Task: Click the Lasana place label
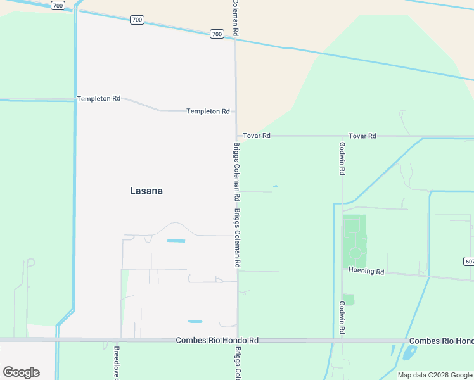point(146,190)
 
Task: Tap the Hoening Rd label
point(366,271)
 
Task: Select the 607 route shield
point(469,261)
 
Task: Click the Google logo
point(21,372)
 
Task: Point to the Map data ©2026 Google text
point(435,375)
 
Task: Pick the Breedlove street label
point(117,363)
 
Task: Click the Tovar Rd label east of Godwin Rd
point(362,136)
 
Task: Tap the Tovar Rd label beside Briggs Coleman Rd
point(257,136)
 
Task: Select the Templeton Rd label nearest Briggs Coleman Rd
point(208,111)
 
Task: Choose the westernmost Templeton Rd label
point(98,99)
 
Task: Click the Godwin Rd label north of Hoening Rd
point(342,158)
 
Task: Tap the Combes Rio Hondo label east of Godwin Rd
point(442,341)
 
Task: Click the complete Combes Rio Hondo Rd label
point(217,341)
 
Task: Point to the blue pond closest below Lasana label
point(176,241)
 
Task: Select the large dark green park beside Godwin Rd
point(354,241)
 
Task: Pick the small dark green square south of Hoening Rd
point(348,299)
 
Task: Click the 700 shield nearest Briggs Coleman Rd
point(217,34)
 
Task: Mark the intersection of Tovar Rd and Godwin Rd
point(342,136)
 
